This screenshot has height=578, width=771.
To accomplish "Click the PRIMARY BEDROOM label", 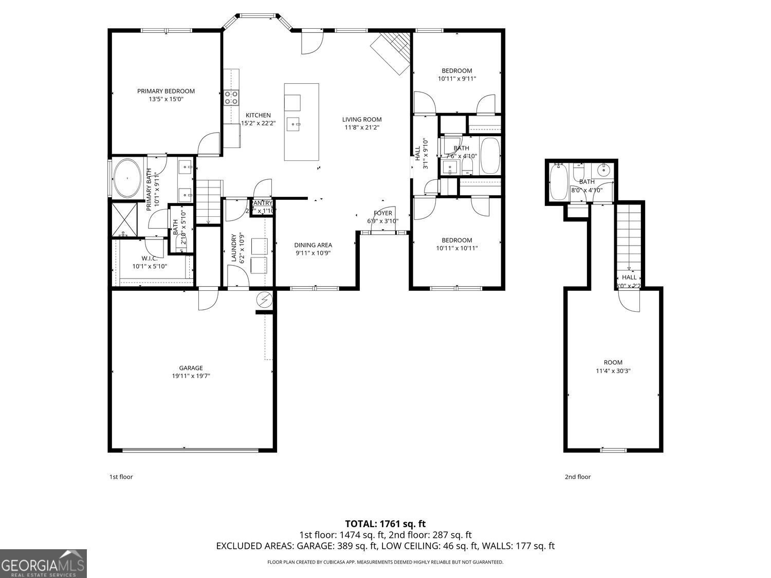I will coord(166,91).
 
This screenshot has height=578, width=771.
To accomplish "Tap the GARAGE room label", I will coord(191,368).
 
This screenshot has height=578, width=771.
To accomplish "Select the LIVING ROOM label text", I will coord(362,120).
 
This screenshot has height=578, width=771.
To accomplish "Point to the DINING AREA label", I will coord(313,245).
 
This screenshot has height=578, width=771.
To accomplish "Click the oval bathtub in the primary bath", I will coord(126,178).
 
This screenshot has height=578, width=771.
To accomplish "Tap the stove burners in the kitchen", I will coord(231,98).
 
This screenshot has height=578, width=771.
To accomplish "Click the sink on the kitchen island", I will coord(295,123).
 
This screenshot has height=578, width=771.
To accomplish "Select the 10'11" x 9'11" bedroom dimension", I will coord(457,79).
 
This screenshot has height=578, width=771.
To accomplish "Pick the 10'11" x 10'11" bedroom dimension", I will coord(457,248).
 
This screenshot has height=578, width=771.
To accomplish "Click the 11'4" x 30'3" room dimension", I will coord(613,370).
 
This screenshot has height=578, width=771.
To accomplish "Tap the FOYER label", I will coord(382,213).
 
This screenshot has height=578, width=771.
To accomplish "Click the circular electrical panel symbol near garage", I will coord(264,300).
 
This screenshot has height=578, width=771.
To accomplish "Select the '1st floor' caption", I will coord(121,477).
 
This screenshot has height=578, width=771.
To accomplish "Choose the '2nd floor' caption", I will coord(578,477).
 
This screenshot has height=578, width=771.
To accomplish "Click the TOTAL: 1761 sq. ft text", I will coord(385,524).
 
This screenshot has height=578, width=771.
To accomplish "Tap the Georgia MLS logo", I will coord(43,564).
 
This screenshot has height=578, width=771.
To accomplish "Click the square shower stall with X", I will coord(125,219).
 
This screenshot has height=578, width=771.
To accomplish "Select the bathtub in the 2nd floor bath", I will coord(558,182).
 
